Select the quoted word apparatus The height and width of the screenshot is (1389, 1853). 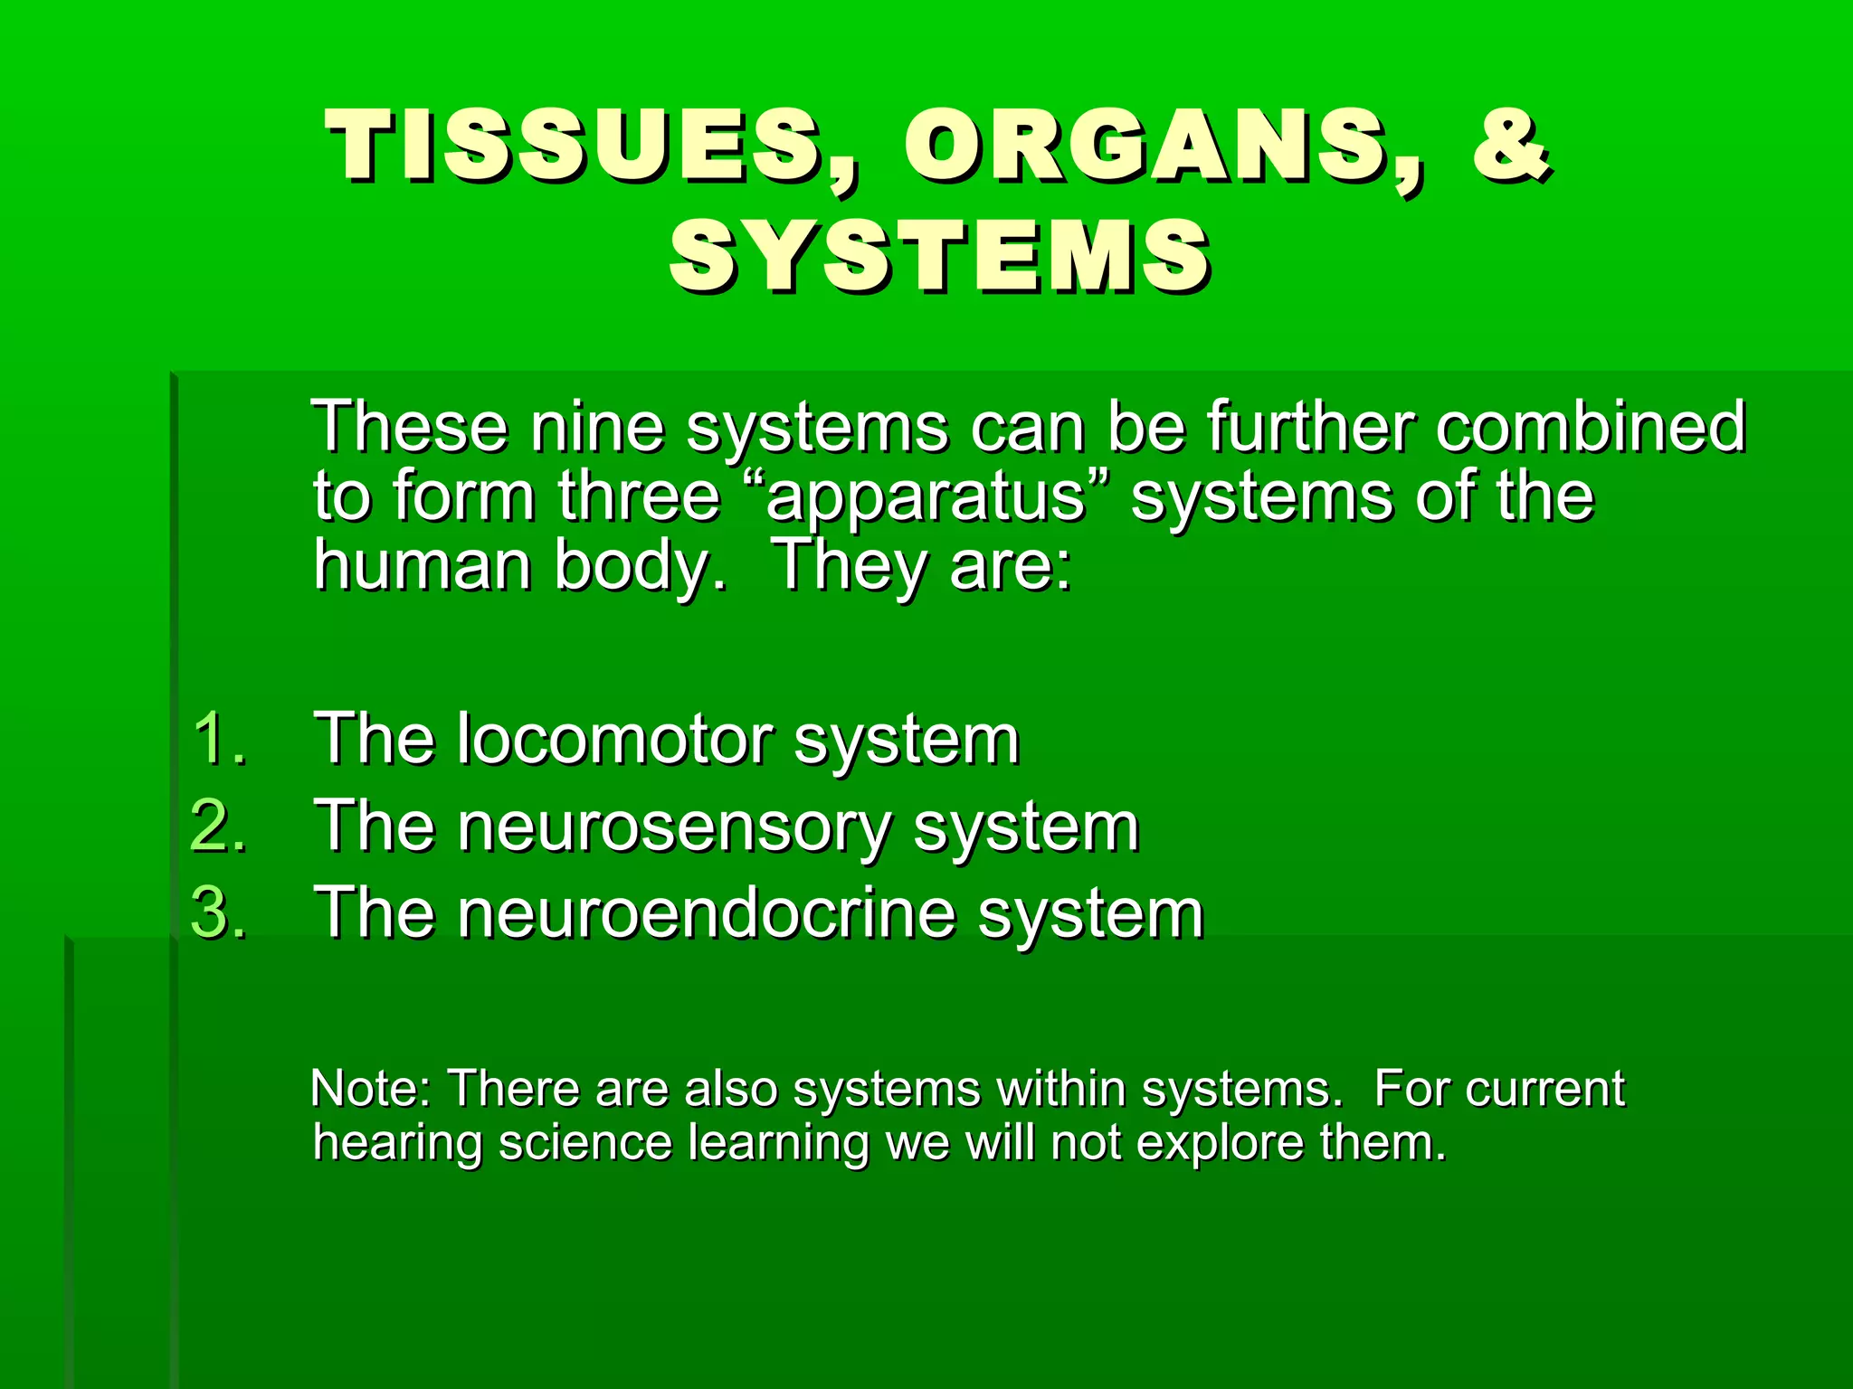[x=924, y=497]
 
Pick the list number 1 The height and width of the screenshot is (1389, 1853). [x=218, y=740]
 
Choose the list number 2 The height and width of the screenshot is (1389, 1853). [x=218, y=827]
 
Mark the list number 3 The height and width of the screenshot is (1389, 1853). [x=218, y=913]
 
